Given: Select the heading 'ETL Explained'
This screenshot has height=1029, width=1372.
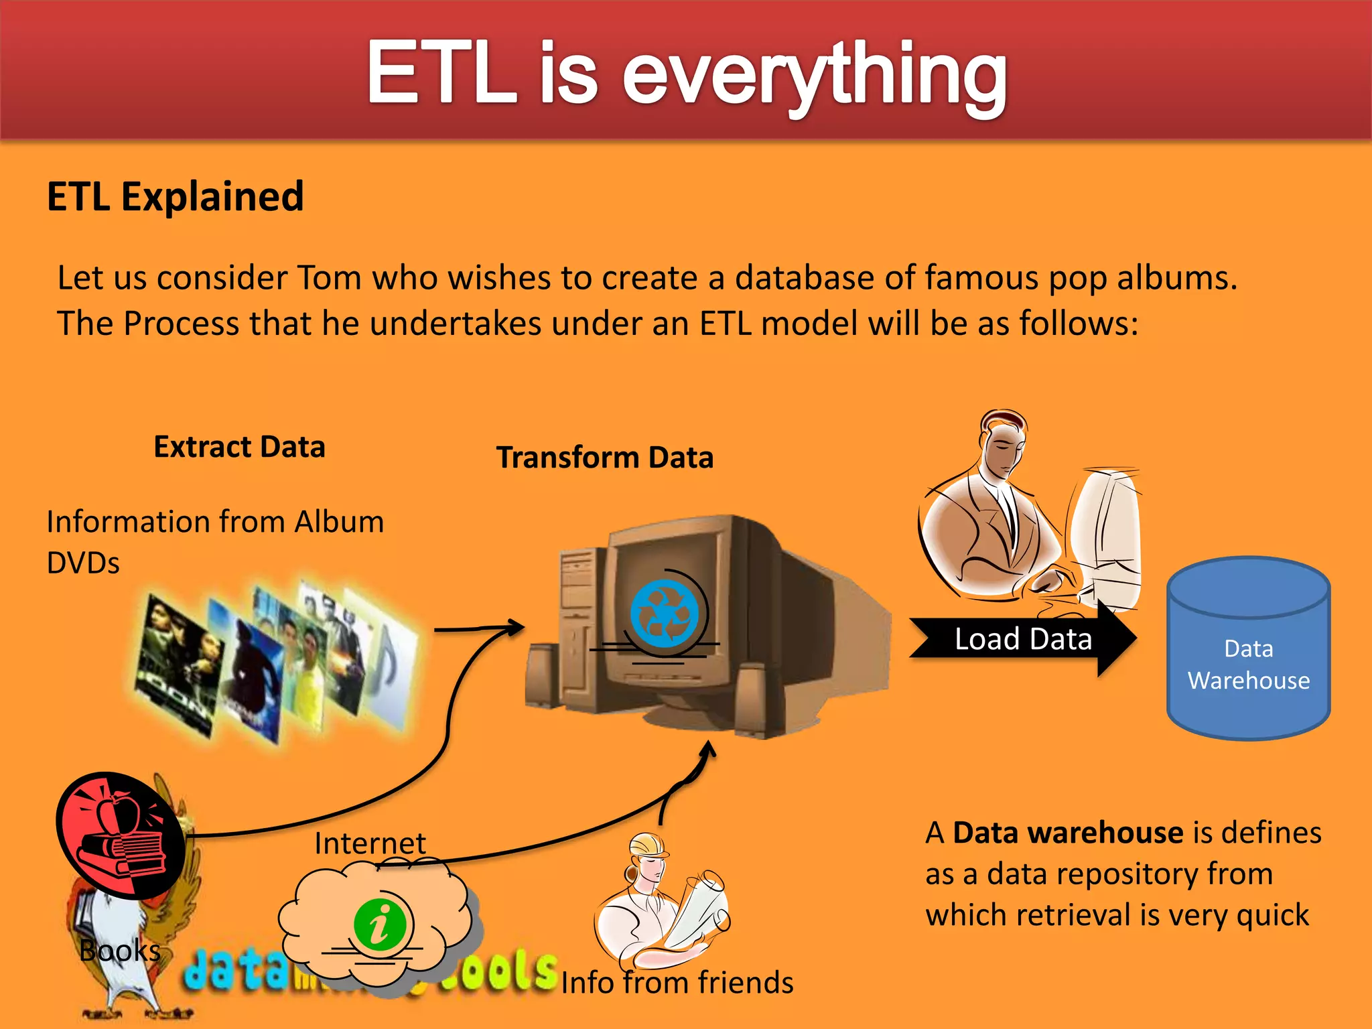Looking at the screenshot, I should coord(176,197).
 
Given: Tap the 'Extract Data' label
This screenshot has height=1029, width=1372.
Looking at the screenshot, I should coord(239,447).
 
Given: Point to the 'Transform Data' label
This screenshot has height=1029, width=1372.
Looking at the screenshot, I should coord(604,458).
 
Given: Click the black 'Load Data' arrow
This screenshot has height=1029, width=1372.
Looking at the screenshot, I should coord(1022,638).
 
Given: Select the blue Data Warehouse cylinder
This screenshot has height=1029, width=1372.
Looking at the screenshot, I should coord(1248,648).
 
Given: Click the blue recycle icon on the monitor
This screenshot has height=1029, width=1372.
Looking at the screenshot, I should coord(663,614).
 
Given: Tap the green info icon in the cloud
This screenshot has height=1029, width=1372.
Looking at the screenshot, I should coord(380,924).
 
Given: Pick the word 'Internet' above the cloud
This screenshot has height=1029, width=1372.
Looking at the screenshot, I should coord(370,843).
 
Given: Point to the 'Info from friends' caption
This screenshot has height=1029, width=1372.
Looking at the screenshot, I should coord(677,983).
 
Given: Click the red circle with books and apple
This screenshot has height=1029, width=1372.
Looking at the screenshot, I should coord(121,835).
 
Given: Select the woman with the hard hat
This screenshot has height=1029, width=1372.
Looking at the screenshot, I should coord(660,898).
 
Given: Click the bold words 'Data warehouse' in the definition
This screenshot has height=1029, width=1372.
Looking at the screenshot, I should coord(1068,833).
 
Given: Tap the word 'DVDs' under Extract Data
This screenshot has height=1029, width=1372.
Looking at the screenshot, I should coord(83,563).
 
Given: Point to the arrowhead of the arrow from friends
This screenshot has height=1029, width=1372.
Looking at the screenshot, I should coord(709,749).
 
